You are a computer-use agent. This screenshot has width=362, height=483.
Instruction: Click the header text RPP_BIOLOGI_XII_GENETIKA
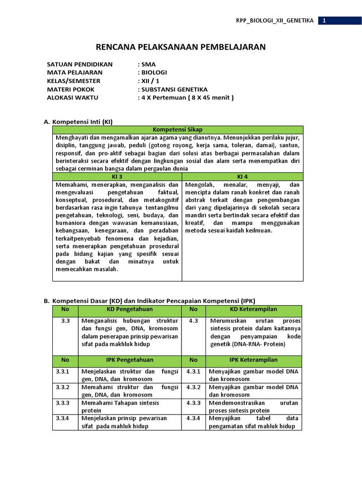[274, 21]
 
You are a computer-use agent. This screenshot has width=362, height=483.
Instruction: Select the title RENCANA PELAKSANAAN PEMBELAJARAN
[181, 47]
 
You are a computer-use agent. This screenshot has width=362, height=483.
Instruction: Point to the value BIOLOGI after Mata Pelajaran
[154, 73]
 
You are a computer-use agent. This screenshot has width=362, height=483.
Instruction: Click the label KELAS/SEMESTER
[74, 81]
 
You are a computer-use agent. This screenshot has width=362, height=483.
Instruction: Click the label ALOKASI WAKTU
[71, 98]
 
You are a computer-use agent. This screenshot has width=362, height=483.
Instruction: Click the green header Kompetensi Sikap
[178, 130]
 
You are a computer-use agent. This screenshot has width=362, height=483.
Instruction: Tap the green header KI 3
[117, 176]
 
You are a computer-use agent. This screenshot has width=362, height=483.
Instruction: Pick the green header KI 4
[242, 176]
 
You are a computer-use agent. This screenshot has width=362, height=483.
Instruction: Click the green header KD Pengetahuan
[130, 309]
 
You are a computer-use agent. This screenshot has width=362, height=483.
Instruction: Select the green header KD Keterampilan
[254, 309]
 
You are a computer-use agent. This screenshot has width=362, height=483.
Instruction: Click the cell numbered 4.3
[193, 321]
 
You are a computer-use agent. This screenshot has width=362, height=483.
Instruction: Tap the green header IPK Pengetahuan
[130, 360]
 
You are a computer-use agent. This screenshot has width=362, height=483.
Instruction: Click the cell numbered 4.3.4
[193, 418]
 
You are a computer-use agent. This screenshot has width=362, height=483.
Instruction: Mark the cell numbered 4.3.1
[193, 372]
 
